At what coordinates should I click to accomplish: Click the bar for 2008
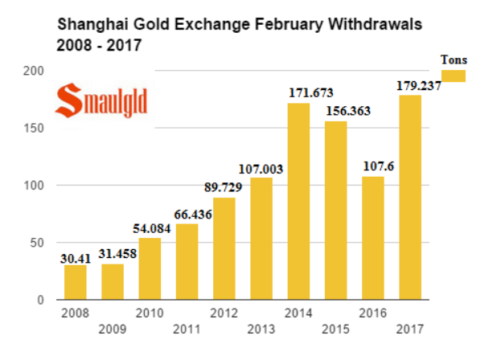75,282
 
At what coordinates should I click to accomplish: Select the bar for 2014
299,201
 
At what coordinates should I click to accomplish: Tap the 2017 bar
410,198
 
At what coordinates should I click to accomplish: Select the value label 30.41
76,258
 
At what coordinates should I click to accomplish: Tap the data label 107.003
261,169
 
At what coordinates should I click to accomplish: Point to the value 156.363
347,111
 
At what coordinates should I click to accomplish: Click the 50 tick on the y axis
37,243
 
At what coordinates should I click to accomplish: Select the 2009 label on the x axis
112,329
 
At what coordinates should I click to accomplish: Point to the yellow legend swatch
454,76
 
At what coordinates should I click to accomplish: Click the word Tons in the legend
454,59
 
